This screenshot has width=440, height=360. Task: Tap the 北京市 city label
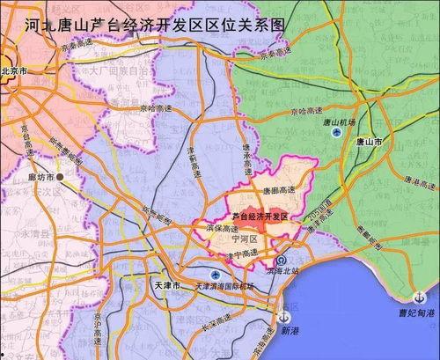(x=18, y=71)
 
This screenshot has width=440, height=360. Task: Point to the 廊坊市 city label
(x=39, y=178)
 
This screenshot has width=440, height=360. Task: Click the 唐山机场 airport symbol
(x=337, y=133)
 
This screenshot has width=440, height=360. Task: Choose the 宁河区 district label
(x=243, y=239)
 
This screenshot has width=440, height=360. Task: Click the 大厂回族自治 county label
(x=110, y=67)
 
